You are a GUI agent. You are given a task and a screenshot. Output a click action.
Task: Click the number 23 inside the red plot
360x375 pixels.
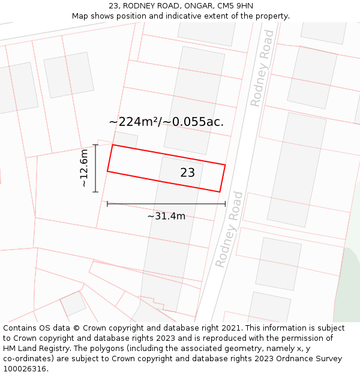pyautogui.click(x=188, y=173)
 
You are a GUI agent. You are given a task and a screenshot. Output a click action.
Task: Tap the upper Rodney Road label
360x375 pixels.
pyautogui.click(x=263, y=68)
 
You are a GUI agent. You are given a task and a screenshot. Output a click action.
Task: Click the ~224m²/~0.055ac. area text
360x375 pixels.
pyautogui.click(x=166, y=122)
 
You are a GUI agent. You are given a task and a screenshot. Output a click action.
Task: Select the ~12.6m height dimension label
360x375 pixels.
pyautogui.click(x=84, y=169)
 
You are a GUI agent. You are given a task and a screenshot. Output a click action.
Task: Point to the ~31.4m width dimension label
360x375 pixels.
pyautogui.click(x=166, y=216)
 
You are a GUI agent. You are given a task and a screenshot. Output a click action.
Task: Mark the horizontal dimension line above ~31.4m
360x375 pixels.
pyautogui.click(x=166, y=204)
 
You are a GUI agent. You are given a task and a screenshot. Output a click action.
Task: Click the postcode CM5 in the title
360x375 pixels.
pyautogui.click(x=224, y=6)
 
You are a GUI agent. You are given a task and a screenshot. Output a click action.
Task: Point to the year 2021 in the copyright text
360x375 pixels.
pyautogui.click(x=232, y=328)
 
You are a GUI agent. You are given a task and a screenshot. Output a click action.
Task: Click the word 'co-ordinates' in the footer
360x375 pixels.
pyautogui.click(x=29, y=359)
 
